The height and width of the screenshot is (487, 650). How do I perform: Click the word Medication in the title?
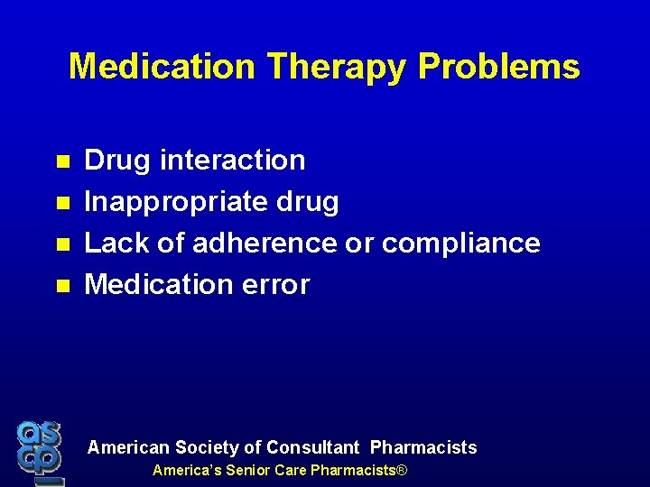162,67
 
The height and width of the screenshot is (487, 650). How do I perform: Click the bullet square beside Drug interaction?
62,162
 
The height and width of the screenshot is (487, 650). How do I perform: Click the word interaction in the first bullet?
233,161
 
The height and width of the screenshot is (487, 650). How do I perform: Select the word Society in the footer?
207,447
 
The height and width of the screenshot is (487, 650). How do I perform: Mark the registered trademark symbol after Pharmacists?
403,471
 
